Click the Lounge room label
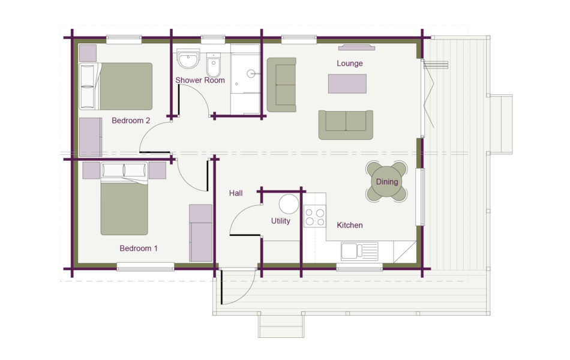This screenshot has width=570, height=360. (x=349, y=64)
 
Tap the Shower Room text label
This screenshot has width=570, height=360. (x=200, y=80)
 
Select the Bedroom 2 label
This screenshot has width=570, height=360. (x=131, y=121)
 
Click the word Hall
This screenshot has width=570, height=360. (x=236, y=193)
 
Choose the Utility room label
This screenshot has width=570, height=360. (x=280, y=221)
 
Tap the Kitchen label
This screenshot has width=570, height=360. (x=349, y=226)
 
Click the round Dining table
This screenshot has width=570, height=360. (x=386, y=181)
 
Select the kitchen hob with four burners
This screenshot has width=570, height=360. (x=314, y=216)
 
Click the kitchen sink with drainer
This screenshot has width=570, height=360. (x=359, y=251)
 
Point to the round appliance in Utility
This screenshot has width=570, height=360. (x=289, y=204)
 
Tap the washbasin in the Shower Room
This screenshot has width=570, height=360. (x=188, y=60)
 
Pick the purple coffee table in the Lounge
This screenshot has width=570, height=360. (x=347, y=83)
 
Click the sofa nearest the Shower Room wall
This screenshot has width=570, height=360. (x=281, y=85)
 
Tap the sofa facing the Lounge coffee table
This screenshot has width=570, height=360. (x=346, y=124)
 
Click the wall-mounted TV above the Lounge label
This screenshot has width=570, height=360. (x=356, y=47)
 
